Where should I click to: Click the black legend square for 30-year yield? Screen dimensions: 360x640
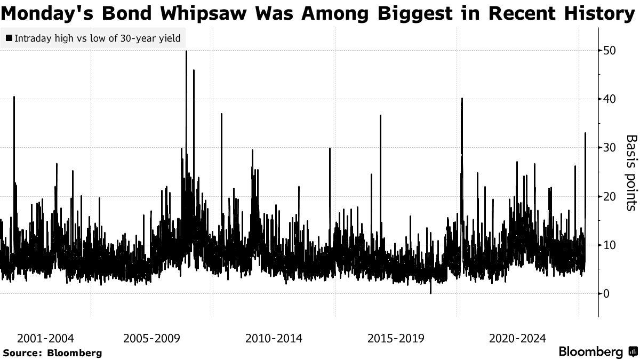9,39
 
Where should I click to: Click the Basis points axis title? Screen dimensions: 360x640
631,172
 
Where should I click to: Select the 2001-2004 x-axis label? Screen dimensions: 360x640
45,339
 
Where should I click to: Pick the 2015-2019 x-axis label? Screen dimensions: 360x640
396,339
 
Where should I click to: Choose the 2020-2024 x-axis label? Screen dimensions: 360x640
517,339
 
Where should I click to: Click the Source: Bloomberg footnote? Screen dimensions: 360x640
52,353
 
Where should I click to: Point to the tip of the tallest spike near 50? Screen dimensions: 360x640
186,51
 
